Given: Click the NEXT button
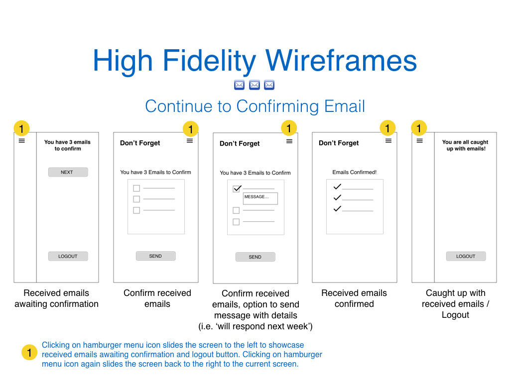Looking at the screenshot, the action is point(68,172).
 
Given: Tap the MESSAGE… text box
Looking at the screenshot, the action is point(260,198).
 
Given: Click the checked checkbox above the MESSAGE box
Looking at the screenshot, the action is point(237,189).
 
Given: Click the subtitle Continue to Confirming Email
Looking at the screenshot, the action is point(255,106).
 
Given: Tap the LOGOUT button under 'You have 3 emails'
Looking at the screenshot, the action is point(68,256).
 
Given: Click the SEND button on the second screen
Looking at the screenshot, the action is point(155,256).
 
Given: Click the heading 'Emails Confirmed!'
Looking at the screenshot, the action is point(354,173).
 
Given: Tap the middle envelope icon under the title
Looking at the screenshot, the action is point(254,85).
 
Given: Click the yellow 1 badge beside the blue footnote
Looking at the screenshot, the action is point(30,353).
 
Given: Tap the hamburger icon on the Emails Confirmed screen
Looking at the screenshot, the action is point(388,141).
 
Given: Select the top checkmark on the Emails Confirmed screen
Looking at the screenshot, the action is point(337,187).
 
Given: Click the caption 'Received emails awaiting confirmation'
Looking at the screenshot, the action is point(56,298).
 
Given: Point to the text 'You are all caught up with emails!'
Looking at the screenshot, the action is point(465,145).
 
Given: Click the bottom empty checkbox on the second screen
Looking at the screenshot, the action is point(136,210).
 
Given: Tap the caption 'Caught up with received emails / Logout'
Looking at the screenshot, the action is point(455,304).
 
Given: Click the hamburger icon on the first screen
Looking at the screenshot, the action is point(22,141).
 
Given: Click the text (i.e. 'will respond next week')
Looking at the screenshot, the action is point(255,327).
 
